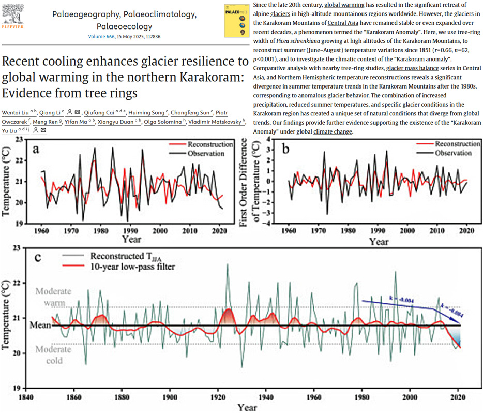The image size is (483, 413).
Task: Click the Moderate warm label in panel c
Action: click(54, 296)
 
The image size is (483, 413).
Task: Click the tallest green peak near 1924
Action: click(228, 265)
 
